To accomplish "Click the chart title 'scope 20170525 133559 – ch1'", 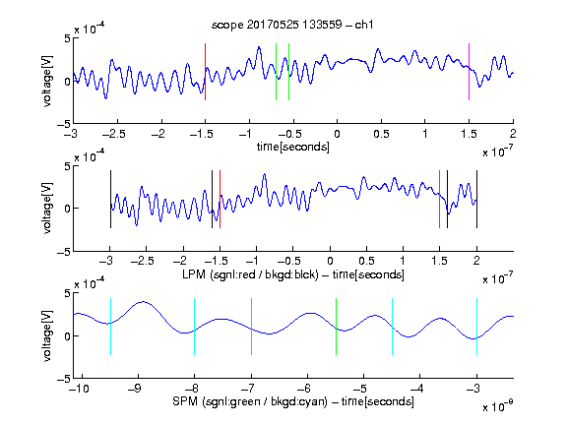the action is coord(292,25).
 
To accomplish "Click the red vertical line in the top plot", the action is coord(206,72).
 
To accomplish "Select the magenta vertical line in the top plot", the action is coord(469,72).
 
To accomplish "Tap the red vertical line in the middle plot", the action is coord(220,199).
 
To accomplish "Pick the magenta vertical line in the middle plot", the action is coord(439,199).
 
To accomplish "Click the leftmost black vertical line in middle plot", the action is coord(110,199).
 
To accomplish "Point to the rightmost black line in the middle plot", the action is coord(477,199).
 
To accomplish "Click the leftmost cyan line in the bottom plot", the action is coord(110,327).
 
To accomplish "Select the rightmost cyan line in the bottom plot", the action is coord(477,327).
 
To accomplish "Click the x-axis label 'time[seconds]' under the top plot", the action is coord(293,147).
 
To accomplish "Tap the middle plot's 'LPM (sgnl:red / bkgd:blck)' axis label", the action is coord(250,274).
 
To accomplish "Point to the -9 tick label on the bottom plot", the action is coord(135,389).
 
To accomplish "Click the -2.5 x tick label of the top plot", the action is coord(113,134).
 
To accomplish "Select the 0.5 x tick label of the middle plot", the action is coord(366,261).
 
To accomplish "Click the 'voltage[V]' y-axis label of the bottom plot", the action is coord(47,335).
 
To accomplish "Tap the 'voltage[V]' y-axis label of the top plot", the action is coord(47,81).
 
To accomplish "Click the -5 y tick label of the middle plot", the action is coord(64,252).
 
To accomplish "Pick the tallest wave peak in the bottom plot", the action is coord(143,301).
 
